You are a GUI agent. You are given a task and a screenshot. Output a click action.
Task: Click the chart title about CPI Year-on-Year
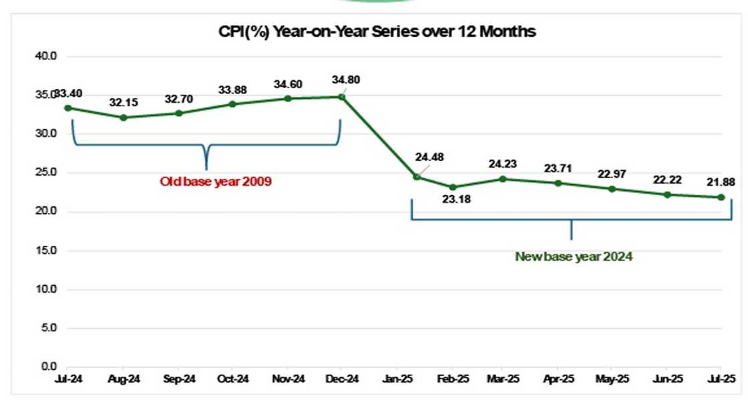coord(377,31)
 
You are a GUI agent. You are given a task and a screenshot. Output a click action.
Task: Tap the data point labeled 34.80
coord(342,97)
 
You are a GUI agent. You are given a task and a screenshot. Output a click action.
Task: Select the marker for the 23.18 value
coord(452,187)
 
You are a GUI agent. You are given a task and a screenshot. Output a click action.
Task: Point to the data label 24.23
coord(503,163)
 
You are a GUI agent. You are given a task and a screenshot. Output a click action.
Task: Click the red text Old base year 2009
coord(216,181)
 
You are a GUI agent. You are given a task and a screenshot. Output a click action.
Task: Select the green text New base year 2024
coord(574,256)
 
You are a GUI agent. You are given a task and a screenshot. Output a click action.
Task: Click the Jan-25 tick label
coord(397,379)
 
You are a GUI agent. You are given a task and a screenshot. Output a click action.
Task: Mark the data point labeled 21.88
coord(721,197)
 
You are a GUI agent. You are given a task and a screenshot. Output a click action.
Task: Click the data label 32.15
coord(123,103)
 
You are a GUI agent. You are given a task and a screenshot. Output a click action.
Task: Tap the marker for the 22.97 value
coord(612,189)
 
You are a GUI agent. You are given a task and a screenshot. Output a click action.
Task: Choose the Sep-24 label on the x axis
coord(179,379)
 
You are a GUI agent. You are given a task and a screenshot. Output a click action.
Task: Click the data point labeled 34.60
coord(288,98)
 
